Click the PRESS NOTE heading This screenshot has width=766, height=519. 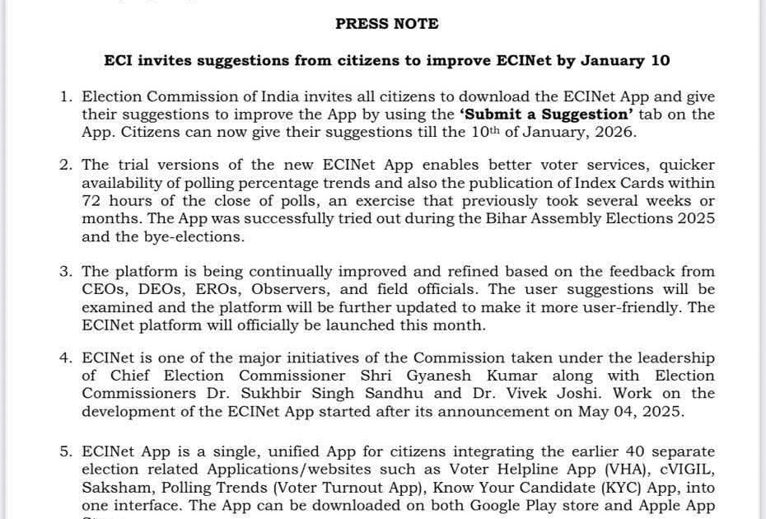click(x=386, y=24)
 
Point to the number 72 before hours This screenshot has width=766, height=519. click(x=91, y=201)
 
